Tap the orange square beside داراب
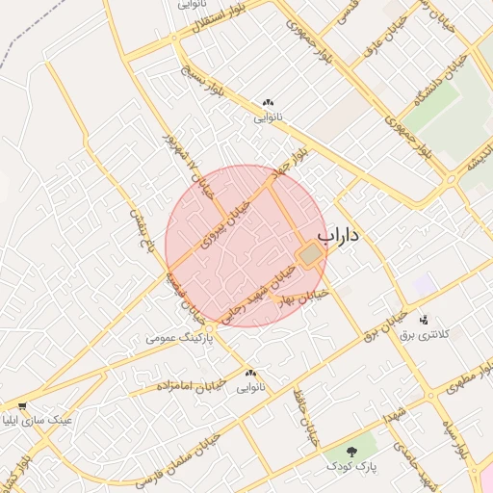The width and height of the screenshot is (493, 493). (309, 255)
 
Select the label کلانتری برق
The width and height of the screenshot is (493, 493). (425, 333)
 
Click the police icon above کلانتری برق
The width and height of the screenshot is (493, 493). (425, 319)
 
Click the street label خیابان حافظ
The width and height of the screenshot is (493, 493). (310, 417)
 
